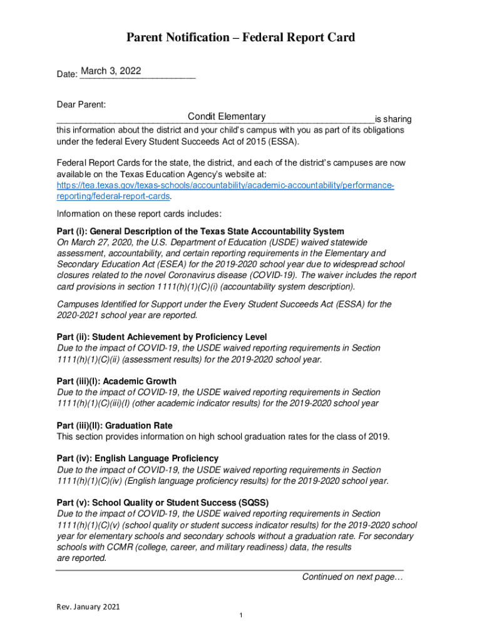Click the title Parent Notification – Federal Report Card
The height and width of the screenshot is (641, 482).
pyautogui.click(x=240, y=38)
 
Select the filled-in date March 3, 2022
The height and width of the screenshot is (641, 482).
pyautogui.click(x=111, y=71)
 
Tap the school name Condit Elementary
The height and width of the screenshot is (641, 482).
pyautogui.click(x=227, y=116)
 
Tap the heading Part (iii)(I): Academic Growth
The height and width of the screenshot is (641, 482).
pyautogui.click(x=116, y=381)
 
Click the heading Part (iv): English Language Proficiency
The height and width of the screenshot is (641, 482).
pyautogui.click(x=137, y=458)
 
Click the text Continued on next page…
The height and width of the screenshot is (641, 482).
pyautogui.click(x=352, y=577)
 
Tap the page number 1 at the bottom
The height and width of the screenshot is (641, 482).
pyautogui.click(x=241, y=616)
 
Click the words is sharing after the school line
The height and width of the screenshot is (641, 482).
pyautogui.click(x=393, y=119)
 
